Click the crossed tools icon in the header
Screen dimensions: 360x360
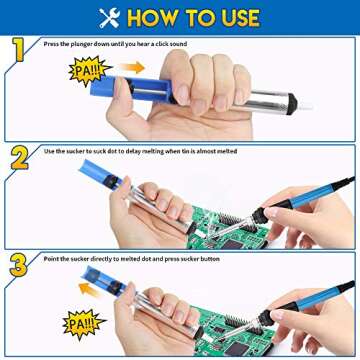109,16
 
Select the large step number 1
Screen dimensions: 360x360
18,51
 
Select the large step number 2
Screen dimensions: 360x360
18,158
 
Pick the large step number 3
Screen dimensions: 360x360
18,265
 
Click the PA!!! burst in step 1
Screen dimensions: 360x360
85,71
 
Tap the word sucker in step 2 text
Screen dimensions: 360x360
78,151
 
